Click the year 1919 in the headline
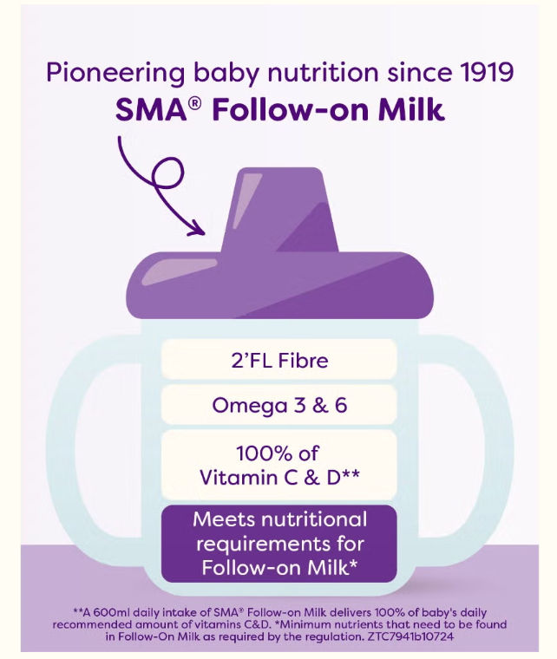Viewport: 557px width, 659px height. pos(483,71)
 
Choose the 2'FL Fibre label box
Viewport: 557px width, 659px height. pos(279,358)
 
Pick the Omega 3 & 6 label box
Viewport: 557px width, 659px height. pos(279,405)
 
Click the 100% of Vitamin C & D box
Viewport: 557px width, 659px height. pos(279,465)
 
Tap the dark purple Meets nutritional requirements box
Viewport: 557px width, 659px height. pos(279,544)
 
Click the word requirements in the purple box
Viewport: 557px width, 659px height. pos(279,544)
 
